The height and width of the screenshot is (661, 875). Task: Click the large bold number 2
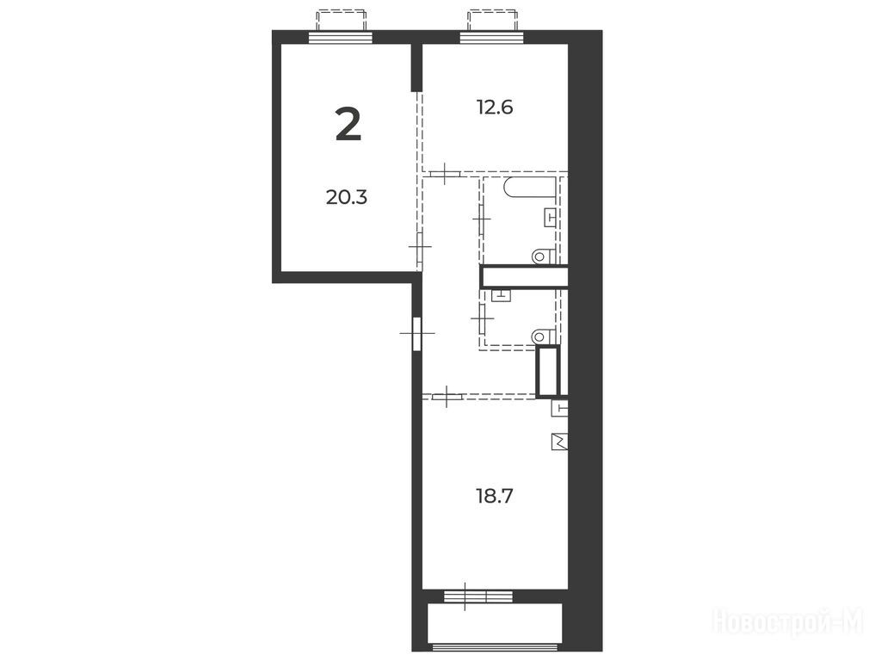click(348, 125)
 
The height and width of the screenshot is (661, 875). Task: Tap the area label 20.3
click(347, 197)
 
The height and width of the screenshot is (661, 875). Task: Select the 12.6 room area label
click(495, 107)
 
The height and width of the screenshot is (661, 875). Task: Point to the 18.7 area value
click(495, 495)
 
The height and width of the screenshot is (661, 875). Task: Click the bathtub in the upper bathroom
click(530, 187)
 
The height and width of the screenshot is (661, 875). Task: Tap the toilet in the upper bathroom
click(544, 256)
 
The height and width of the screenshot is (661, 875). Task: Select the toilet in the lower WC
click(544, 336)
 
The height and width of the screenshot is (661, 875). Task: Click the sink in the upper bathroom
click(551, 217)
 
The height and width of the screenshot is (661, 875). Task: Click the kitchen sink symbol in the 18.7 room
click(560, 408)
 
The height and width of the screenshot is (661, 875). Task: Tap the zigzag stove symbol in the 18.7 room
click(560, 442)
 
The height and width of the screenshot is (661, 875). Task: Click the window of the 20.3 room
click(341, 37)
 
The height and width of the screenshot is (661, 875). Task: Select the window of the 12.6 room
click(492, 37)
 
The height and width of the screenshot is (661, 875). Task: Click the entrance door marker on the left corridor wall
click(417, 333)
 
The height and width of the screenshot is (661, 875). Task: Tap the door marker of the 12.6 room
click(445, 174)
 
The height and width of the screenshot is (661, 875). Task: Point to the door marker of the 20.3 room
click(420, 247)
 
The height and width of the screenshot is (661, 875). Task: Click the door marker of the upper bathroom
click(482, 219)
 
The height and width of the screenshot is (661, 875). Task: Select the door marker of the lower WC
click(482, 318)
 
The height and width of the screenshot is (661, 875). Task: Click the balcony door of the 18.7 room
click(478, 596)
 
